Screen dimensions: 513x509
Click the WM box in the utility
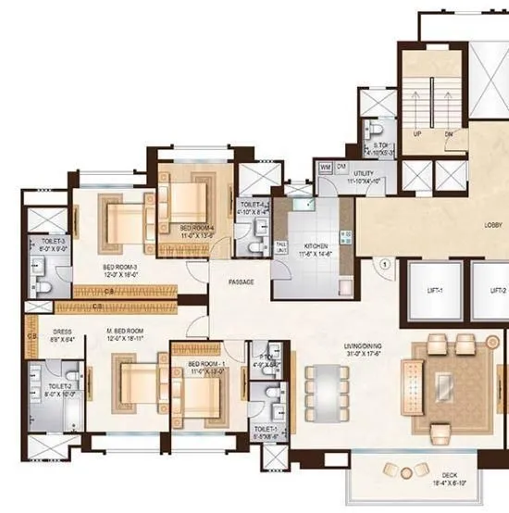point(325,167)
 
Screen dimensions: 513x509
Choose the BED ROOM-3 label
point(119,269)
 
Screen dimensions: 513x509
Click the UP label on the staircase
point(417,134)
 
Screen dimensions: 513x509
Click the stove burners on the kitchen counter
point(345,234)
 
